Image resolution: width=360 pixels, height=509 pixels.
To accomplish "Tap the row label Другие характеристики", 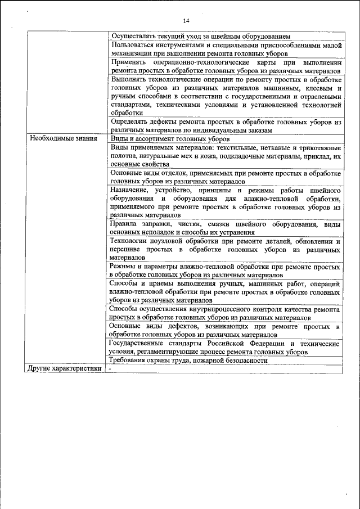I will [x=65, y=369].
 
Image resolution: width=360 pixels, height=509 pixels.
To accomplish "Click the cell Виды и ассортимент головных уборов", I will [x=170, y=138].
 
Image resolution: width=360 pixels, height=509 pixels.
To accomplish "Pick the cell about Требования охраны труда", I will [x=188, y=361].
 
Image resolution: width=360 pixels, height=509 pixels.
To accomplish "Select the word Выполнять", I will [x=130, y=80].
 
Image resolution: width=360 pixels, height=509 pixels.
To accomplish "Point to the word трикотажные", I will [x=317, y=147].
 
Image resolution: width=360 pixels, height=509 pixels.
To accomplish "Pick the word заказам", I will [x=258, y=130].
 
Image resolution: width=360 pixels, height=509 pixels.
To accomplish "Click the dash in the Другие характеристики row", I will [x=110, y=369].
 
